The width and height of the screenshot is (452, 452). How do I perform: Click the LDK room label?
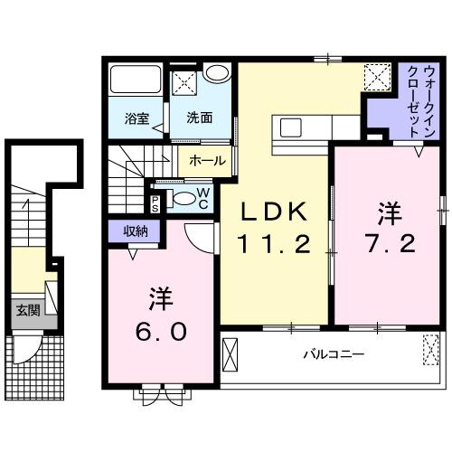point(276,212)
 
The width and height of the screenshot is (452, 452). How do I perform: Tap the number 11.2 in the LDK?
point(276,242)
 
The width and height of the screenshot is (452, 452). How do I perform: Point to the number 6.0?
point(163,330)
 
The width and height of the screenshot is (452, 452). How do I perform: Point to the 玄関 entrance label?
point(27,311)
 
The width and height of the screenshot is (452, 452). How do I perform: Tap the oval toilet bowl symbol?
point(182,200)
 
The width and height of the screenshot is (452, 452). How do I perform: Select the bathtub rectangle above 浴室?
point(135,83)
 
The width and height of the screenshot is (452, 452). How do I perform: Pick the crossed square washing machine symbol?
point(186,82)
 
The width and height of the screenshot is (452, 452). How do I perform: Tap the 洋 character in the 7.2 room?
point(389,212)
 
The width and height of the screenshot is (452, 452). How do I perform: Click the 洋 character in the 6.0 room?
point(163,298)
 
